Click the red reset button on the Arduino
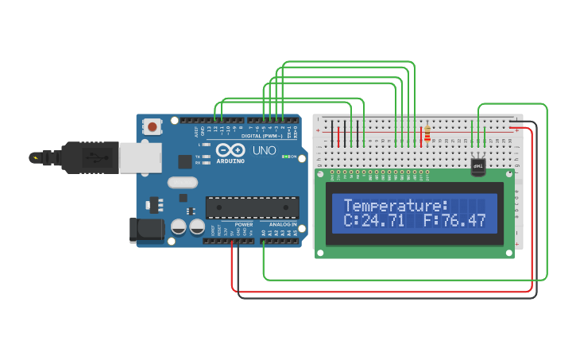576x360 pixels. (152, 126)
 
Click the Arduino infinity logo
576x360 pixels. (230, 149)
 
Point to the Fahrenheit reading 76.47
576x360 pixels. (465, 220)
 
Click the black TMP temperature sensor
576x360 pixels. (478, 166)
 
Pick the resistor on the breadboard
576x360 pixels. (428, 134)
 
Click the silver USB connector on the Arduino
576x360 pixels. (140, 157)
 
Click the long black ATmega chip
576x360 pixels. (253, 207)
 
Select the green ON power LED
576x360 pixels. (284, 157)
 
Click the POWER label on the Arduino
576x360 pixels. (244, 224)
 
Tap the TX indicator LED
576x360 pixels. (207, 157)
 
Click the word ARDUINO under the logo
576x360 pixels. (230, 161)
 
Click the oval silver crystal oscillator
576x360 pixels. (182, 182)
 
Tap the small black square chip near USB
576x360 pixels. (185, 161)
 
